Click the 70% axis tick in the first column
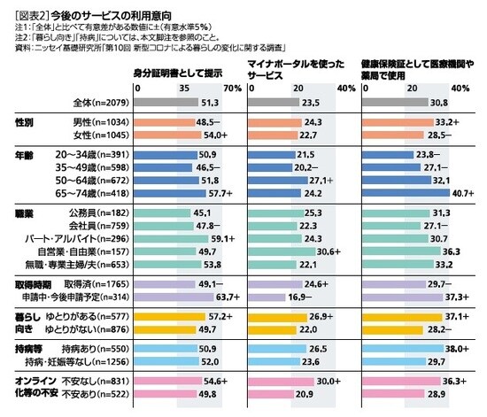(232, 89)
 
